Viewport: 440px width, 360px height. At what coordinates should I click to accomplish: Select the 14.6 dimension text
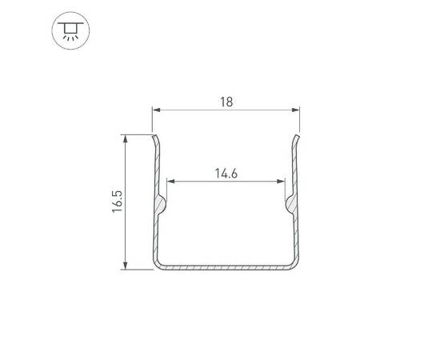tap(226, 174)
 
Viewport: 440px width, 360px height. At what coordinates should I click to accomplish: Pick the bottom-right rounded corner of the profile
tap(296, 265)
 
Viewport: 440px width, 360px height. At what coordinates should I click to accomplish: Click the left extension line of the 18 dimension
tap(152, 120)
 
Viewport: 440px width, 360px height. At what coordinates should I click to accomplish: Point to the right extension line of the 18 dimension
tap(299, 120)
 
